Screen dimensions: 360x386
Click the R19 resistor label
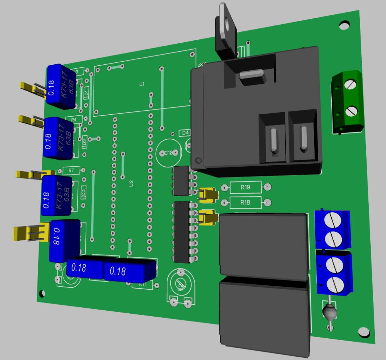tap(245, 187)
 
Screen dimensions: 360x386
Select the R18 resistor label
tap(245, 203)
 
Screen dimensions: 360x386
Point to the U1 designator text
tap(142, 84)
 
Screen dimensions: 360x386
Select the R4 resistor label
tap(74, 119)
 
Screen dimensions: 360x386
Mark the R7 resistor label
tap(71, 170)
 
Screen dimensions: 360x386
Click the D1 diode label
tap(86, 92)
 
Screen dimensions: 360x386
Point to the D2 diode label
tap(85, 142)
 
